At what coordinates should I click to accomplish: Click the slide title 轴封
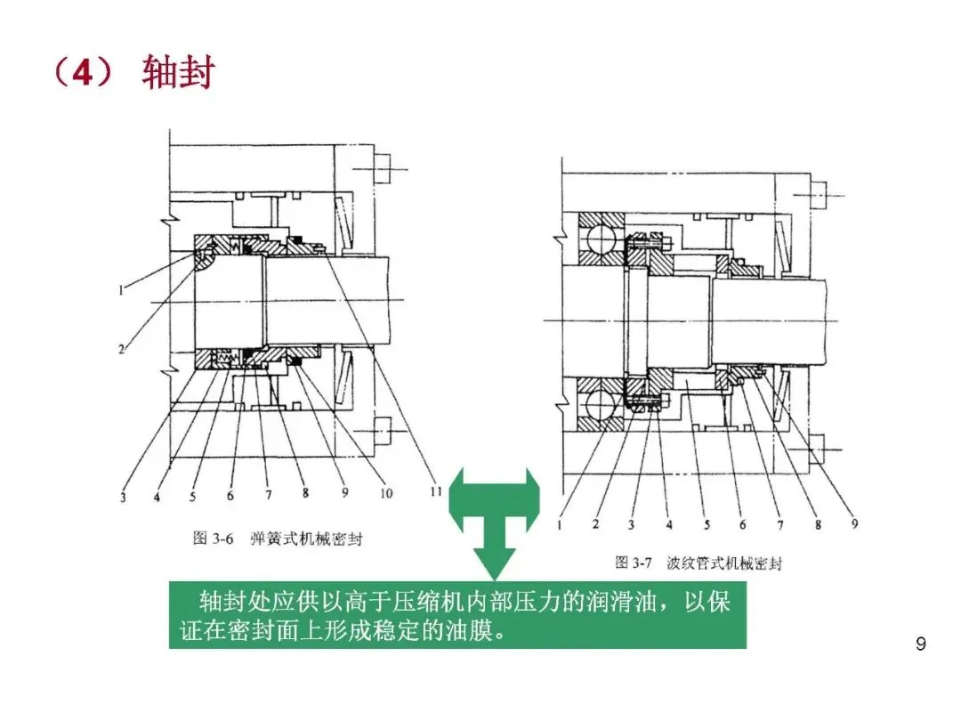click(178, 74)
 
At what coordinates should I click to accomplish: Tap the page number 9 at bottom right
click(921, 644)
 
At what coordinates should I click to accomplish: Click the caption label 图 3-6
click(213, 539)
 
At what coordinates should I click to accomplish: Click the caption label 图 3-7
click(634, 563)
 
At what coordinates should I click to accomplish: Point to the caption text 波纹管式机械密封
click(724, 563)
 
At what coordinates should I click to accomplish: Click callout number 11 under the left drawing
click(435, 489)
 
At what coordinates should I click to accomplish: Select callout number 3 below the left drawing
click(123, 497)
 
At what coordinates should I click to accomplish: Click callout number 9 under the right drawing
click(854, 524)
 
